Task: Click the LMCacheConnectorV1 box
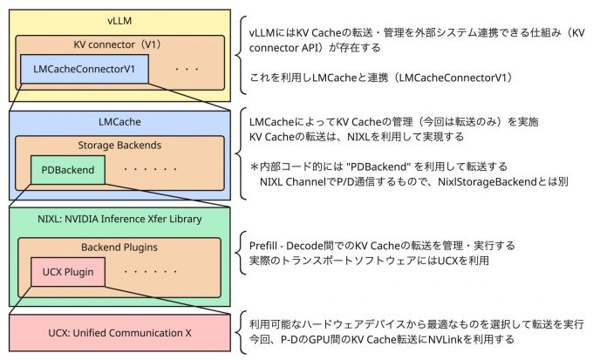coord(84,69)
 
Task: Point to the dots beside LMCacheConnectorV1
coord(186,69)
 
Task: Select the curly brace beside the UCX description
coord(240,332)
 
